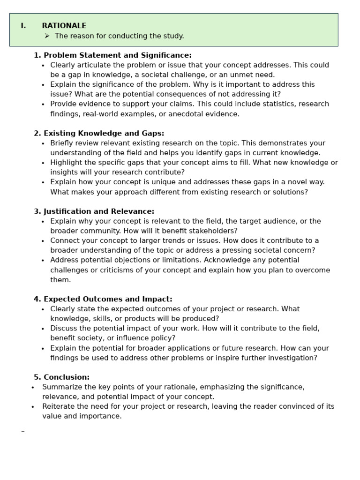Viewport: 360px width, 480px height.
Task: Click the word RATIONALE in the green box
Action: [x=64, y=26]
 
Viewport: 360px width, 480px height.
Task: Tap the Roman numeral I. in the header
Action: [x=23, y=26]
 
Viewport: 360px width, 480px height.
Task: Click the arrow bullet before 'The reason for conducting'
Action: [x=47, y=36]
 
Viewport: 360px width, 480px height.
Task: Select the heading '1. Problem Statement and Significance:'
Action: [x=112, y=55]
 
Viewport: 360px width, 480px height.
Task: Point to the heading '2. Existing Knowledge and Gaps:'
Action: [x=99, y=134]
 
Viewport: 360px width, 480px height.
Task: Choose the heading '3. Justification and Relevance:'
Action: [x=94, y=211]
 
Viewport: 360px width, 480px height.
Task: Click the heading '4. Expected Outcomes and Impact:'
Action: [x=103, y=299]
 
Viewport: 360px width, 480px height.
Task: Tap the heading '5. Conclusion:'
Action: [x=61, y=377]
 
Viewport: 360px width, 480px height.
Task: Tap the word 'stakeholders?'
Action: [x=214, y=231]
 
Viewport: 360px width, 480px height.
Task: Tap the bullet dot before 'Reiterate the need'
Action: [x=33, y=407]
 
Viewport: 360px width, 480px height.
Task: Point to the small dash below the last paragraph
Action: [x=22, y=431]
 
